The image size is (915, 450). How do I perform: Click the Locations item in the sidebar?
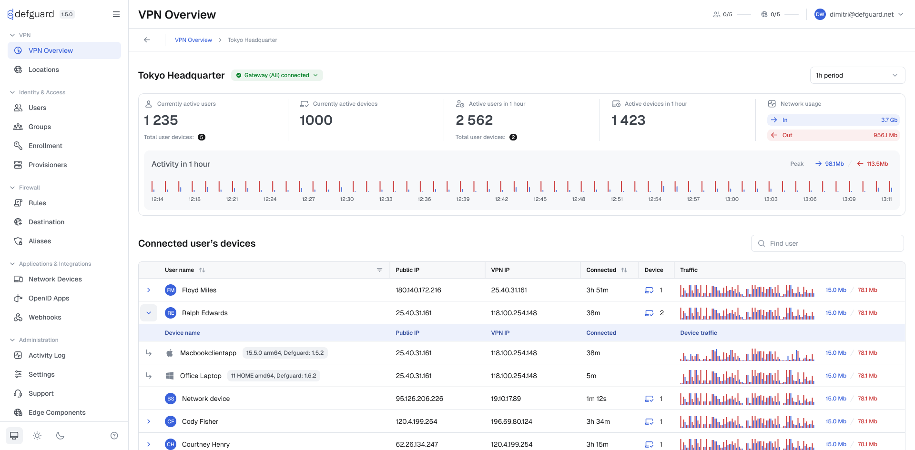(x=43, y=70)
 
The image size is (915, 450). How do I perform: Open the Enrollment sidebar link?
(x=45, y=146)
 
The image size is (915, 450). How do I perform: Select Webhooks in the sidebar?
(x=45, y=317)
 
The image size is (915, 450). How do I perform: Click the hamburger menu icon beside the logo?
(x=116, y=14)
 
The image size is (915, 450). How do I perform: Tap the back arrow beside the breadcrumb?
(x=147, y=40)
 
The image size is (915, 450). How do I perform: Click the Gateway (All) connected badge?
(x=277, y=75)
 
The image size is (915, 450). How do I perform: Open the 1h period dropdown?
(x=857, y=75)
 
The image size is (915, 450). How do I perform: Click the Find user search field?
(x=827, y=243)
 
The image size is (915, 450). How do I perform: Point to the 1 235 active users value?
(x=161, y=120)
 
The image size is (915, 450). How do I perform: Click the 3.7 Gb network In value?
(x=889, y=120)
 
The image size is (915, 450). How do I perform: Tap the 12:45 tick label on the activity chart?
(x=540, y=199)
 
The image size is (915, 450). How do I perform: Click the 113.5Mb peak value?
(x=877, y=164)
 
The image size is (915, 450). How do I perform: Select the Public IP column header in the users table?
(x=407, y=270)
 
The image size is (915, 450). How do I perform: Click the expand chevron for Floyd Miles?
(x=149, y=290)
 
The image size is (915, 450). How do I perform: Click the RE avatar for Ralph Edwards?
(x=171, y=313)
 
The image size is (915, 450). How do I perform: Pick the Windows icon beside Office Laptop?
(x=169, y=376)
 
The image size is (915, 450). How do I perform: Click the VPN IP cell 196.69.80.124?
(x=511, y=421)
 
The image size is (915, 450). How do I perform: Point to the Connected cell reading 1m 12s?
(x=596, y=399)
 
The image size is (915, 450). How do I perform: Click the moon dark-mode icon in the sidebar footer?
(x=60, y=436)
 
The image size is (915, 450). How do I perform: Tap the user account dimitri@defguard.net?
(x=861, y=14)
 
